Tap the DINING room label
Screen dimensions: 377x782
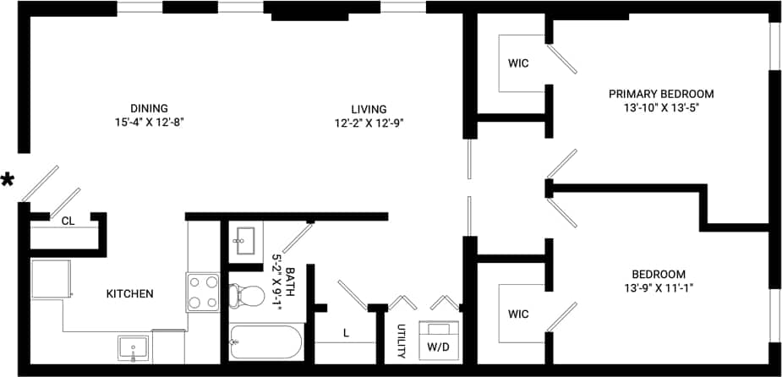point(149,108)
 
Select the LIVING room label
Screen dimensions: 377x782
point(369,109)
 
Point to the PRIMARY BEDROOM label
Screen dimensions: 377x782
point(661,94)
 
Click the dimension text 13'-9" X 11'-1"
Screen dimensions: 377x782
point(658,288)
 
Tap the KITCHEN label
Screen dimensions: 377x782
point(129,294)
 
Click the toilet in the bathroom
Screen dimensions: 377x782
point(249,295)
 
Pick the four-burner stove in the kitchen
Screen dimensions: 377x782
point(203,292)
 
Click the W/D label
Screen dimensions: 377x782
point(440,346)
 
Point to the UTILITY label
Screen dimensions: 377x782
point(402,340)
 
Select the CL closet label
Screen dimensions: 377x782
point(68,221)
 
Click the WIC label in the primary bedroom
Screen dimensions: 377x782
point(518,63)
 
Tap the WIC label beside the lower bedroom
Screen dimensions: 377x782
point(518,314)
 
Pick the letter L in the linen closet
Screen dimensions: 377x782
point(346,333)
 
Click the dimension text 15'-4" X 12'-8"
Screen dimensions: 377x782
point(149,122)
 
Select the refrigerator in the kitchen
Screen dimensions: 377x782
point(50,280)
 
